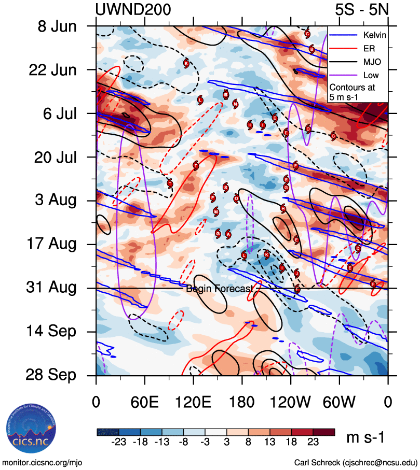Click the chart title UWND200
coord(133,10)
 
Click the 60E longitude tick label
coord(144,401)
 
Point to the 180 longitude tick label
coord(242,401)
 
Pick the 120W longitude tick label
coord(291,401)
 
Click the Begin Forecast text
coord(220,289)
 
